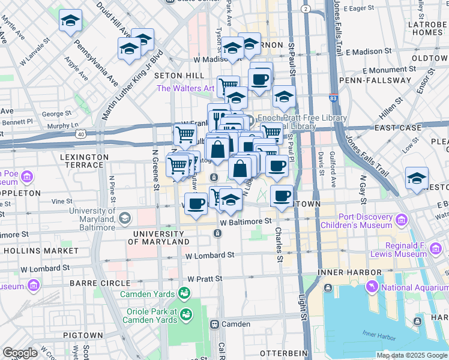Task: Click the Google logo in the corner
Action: (x=20, y=353)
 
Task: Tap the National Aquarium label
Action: (x=414, y=287)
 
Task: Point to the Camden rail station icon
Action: (x=214, y=324)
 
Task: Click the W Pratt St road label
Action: (x=205, y=279)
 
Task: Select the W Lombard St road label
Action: (x=209, y=255)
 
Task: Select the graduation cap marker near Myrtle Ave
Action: (x=70, y=22)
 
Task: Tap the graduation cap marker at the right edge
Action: (x=417, y=178)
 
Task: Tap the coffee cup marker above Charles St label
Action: (x=282, y=196)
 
